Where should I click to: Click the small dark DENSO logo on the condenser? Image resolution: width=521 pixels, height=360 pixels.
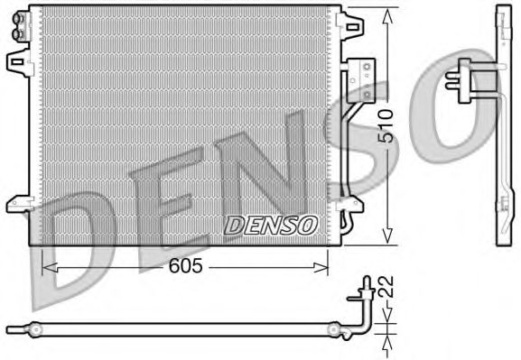(x=269, y=225)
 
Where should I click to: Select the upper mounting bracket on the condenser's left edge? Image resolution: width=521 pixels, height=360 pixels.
(x=17, y=61)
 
